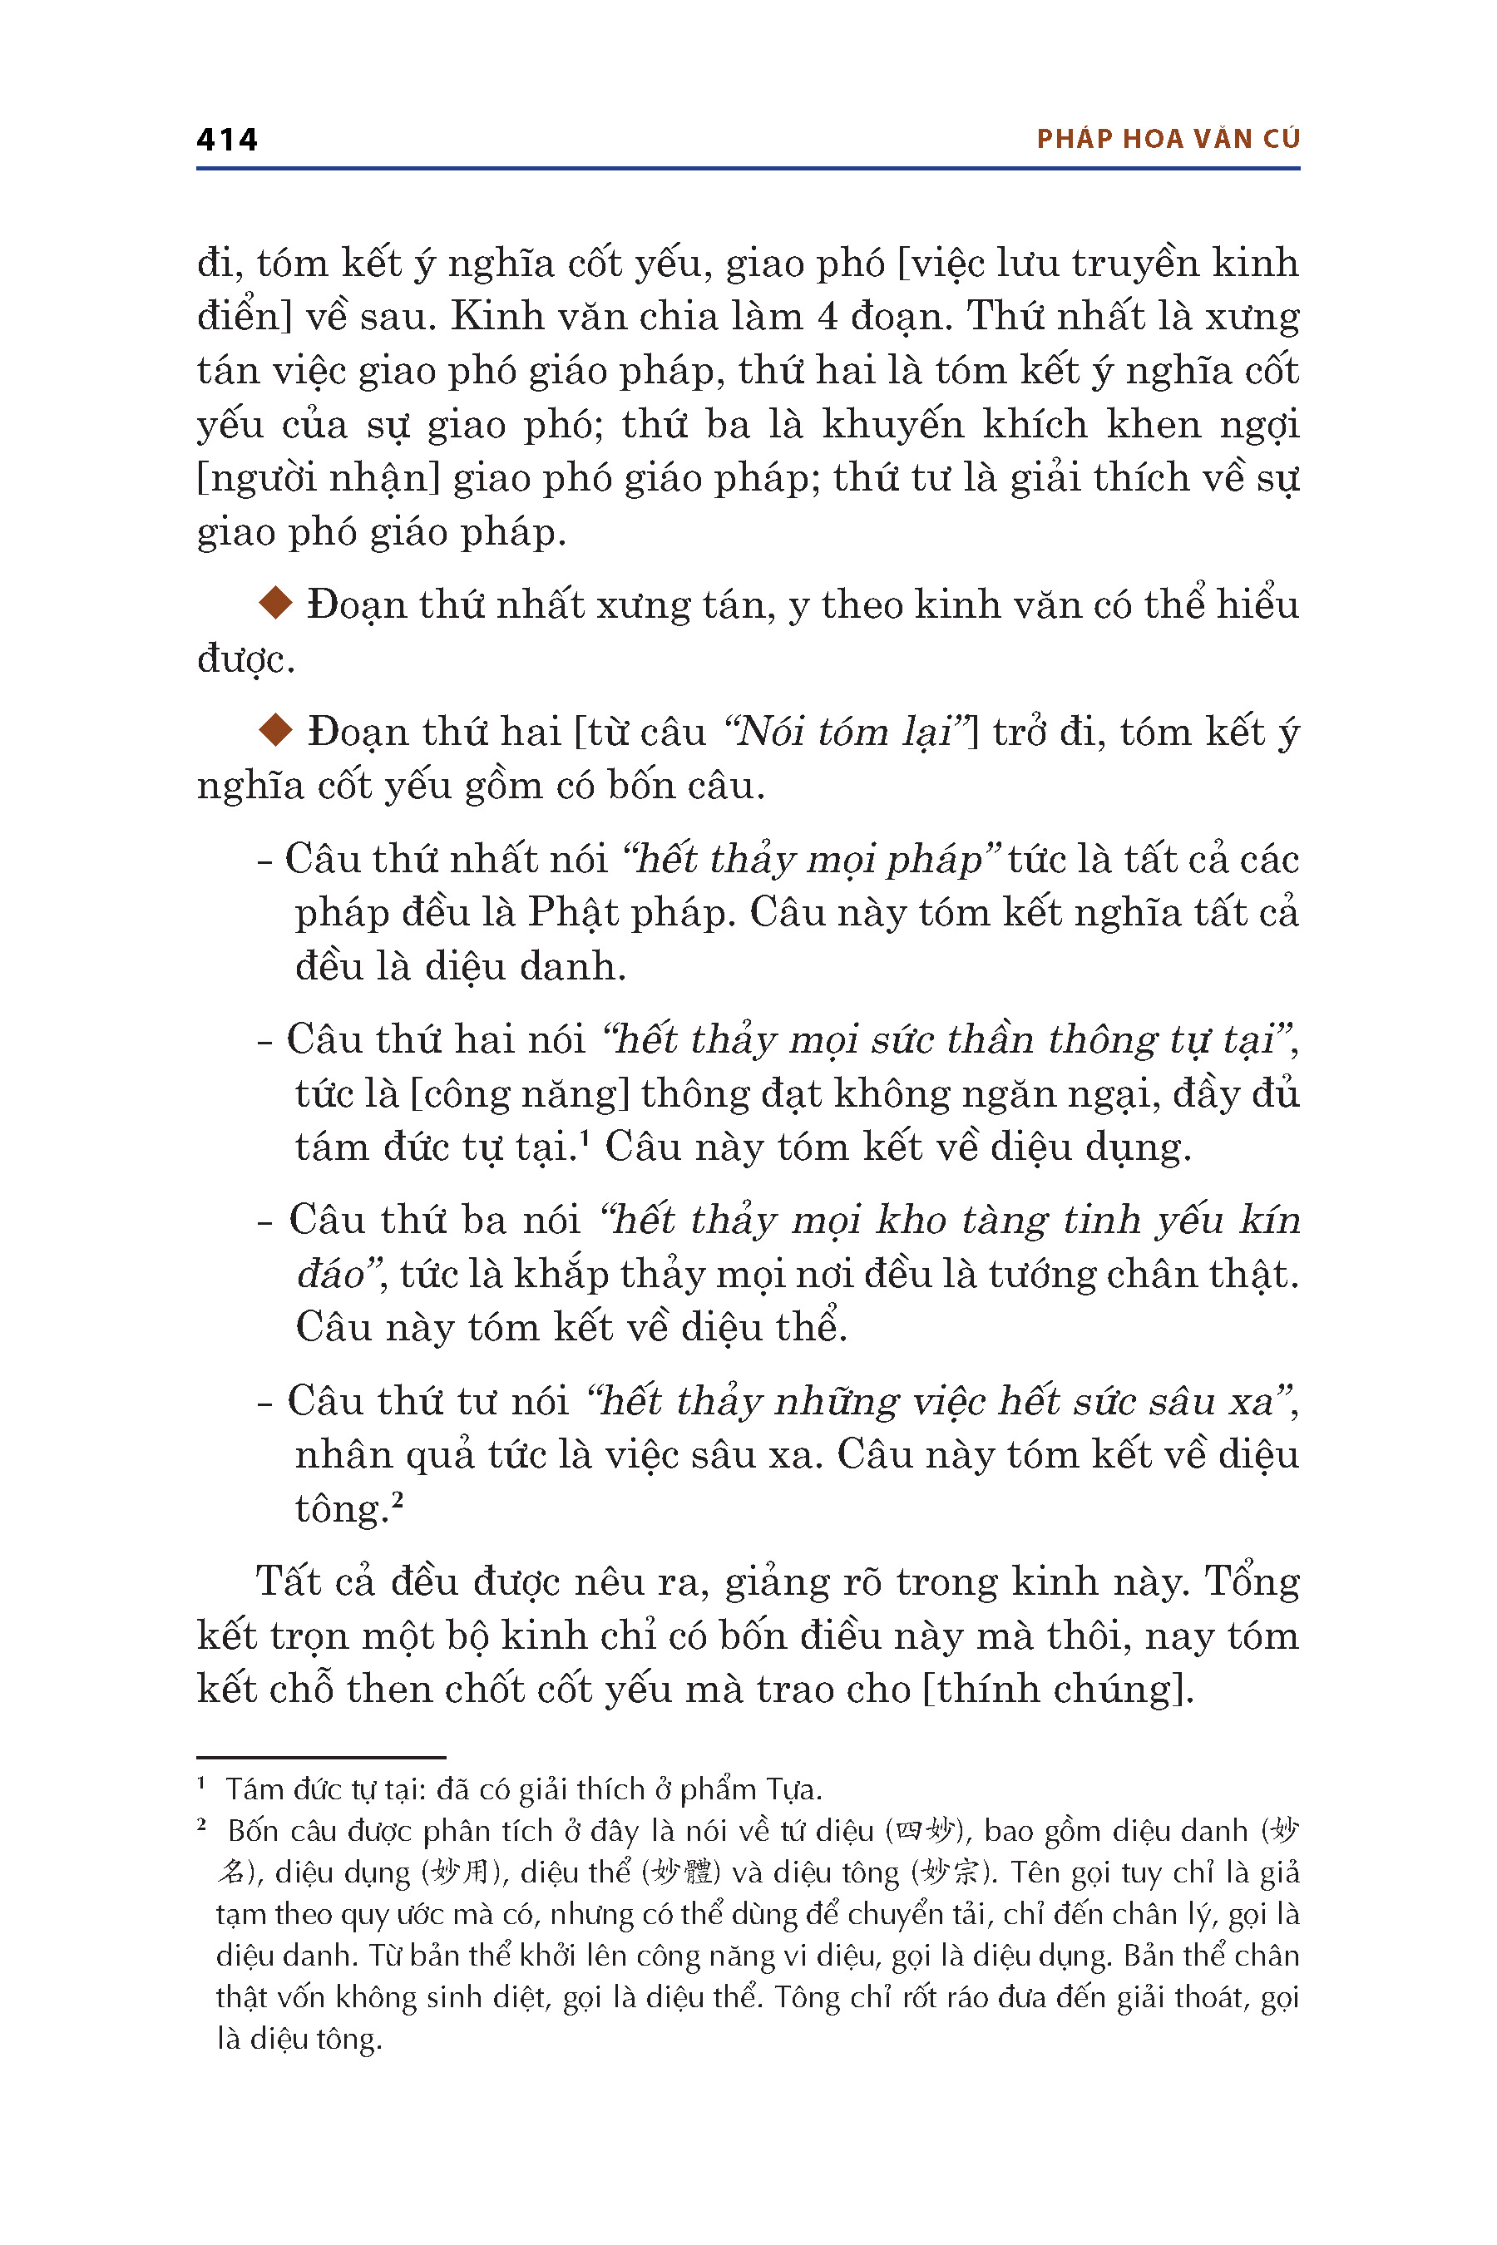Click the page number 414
point(226,141)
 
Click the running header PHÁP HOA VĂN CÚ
point(1168,140)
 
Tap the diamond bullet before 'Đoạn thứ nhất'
point(275,604)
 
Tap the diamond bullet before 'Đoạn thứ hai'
point(275,730)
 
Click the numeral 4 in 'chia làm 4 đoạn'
point(827,316)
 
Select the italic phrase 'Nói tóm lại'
point(846,732)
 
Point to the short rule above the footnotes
point(321,1757)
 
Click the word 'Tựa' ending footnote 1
point(795,1789)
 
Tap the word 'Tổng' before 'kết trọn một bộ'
point(1252,1581)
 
